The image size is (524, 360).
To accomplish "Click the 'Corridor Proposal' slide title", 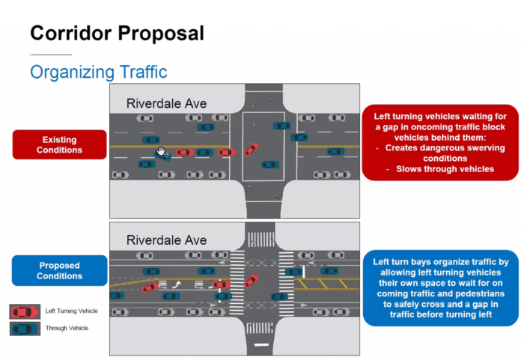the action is click(x=117, y=34).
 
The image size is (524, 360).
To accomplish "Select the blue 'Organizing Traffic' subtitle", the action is click(x=99, y=72).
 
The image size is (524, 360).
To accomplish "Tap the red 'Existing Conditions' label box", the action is click(x=59, y=144).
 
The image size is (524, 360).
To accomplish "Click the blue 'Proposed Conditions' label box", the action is click(x=59, y=270).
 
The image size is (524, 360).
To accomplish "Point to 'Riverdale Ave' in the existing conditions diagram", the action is click(x=166, y=103).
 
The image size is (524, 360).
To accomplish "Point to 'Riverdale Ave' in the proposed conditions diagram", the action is click(x=166, y=240).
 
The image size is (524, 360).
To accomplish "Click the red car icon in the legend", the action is click(x=25, y=311).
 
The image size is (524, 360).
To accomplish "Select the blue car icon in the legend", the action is click(x=25, y=329).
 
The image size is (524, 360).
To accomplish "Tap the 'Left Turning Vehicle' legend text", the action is click(x=72, y=311).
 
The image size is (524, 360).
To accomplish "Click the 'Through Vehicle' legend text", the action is click(x=67, y=328).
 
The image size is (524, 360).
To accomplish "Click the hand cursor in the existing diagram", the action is click(x=161, y=151).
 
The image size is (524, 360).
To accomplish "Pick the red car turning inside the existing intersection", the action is click(x=252, y=149).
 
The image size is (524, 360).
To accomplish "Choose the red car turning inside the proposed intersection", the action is click(x=252, y=281).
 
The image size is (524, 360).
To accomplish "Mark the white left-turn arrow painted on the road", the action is click(x=177, y=284).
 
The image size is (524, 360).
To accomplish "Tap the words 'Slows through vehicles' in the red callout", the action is click(x=445, y=169).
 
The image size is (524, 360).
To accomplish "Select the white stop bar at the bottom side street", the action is click(x=261, y=344).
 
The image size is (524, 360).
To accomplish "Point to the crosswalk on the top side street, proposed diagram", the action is click(x=261, y=240).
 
